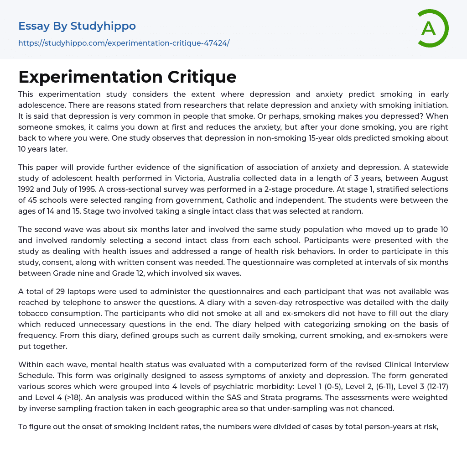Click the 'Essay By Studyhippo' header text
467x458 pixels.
tap(77, 26)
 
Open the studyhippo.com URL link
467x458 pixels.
tap(124, 43)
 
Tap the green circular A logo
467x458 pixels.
tap(430, 28)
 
